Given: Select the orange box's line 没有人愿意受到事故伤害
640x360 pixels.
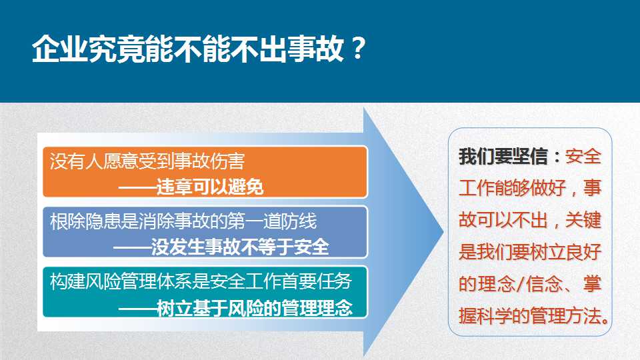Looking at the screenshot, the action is tap(147, 161).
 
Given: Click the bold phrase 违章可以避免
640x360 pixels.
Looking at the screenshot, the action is tap(210, 187).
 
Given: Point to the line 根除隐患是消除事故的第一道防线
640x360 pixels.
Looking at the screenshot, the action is tap(183, 221).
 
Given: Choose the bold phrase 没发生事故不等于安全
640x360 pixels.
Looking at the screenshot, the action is tap(240, 247).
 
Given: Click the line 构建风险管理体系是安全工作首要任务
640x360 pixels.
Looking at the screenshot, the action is tap(201, 281).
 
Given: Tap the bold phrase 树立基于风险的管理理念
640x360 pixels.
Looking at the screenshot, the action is tap(255, 308).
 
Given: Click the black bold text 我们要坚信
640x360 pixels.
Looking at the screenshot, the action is tap(503, 156).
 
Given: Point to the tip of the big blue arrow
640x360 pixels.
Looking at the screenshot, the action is tap(443, 232).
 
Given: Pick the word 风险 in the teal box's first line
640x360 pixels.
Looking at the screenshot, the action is tap(103, 281).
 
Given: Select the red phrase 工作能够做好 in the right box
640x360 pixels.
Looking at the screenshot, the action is tap(512, 188).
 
